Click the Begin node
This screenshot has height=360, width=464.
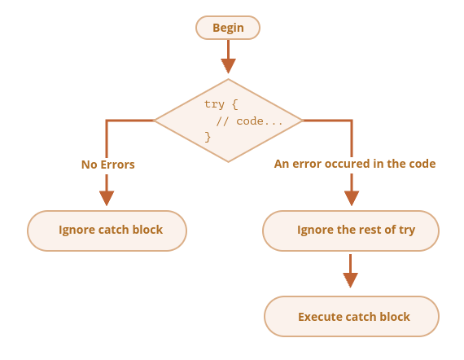(x=228, y=28)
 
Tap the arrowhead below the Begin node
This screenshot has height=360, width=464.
(x=228, y=66)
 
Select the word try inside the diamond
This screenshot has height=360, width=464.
(x=214, y=104)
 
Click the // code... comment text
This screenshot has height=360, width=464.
(x=249, y=121)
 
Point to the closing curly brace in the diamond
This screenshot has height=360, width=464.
(x=208, y=137)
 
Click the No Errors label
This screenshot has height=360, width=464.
(x=108, y=165)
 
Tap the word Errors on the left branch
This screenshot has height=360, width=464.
(x=118, y=165)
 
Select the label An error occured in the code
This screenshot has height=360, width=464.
(x=355, y=164)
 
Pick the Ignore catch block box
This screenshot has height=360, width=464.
(x=107, y=230)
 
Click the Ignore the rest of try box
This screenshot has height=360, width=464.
(x=351, y=230)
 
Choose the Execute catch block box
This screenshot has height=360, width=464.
(x=352, y=316)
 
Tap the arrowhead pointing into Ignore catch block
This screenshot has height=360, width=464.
(x=107, y=198)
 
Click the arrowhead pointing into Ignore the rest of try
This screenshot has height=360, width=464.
(x=352, y=198)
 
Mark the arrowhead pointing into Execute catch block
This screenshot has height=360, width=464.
(x=350, y=280)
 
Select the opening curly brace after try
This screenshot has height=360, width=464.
(x=235, y=104)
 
